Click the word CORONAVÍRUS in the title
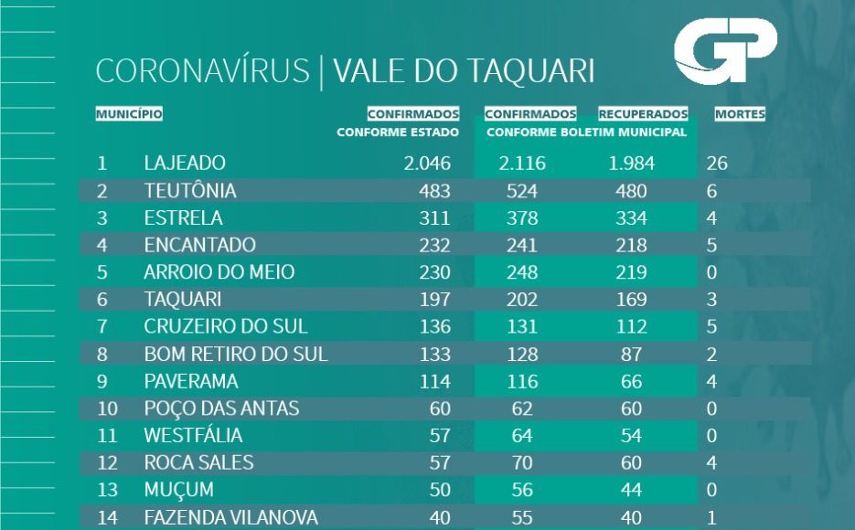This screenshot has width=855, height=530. [x=202, y=71]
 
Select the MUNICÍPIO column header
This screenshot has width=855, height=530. [x=129, y=114]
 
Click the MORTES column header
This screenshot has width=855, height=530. [x=740, y=115]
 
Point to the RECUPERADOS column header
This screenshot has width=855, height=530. [x=643, y=115]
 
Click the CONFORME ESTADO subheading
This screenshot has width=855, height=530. [x=398, y=132]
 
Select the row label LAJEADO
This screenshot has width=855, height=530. [x=185, y=164]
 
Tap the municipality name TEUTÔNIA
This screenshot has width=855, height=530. [x=190, y=192]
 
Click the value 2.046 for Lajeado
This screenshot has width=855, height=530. [x=428, y=164]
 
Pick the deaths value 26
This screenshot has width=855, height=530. [x=717, y=164]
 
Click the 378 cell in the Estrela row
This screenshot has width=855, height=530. [x=522, y=218]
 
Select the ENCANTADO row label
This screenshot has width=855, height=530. [x=199, y=246]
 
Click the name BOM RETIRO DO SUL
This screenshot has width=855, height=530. [x=236, y=354]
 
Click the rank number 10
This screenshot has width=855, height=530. [x=108, y=408]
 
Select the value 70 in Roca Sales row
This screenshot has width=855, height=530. [x=522, y=462]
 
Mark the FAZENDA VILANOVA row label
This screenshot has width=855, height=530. [x=231, y=517]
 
